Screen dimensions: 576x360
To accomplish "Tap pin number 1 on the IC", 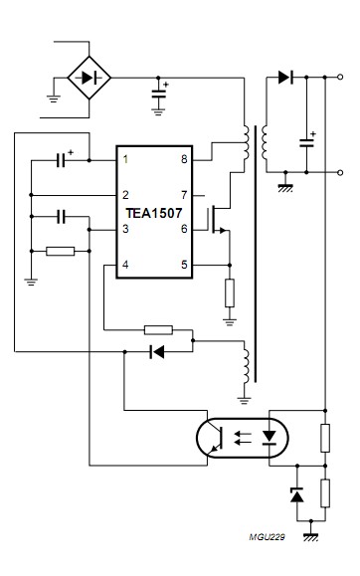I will point(125,159).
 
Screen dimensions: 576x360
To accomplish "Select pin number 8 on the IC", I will point(183,159).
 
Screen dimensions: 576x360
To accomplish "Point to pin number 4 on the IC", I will point(125,265).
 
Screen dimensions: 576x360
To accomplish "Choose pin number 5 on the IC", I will point(183,265).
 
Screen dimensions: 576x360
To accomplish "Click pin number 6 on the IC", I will point(183,229).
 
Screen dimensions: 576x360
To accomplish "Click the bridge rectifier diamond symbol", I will point(90,77).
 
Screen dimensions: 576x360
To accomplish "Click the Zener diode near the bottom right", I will point(295,494).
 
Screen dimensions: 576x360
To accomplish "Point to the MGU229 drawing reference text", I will point(266,536).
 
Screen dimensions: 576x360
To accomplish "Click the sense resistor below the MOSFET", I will point(230,292).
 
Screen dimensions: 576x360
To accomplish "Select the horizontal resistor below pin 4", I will point(158,329).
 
